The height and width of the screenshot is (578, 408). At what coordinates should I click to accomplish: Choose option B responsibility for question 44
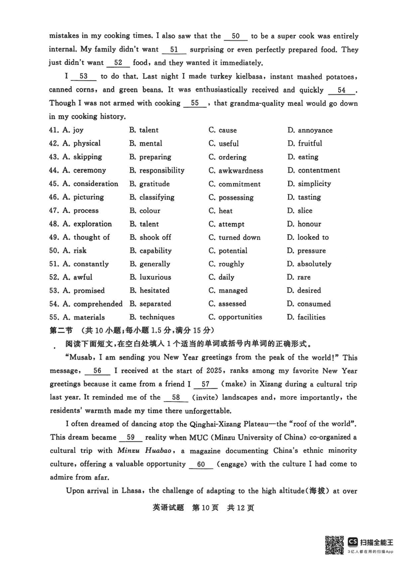click(157, 171)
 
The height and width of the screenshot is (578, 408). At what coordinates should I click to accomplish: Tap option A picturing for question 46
click(83, 197)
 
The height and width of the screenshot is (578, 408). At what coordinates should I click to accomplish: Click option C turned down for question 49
click(235, 237)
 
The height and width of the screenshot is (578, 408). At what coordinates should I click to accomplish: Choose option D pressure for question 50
click(307, 251)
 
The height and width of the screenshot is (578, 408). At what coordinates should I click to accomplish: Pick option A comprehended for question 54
click(93, 304)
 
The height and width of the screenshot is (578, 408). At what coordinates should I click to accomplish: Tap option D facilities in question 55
click(307, 317)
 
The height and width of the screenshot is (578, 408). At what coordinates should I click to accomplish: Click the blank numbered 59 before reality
click(130, 438)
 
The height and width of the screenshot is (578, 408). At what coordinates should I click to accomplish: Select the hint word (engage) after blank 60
click(233, 464)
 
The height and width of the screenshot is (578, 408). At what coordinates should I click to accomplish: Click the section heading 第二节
click(61, 330)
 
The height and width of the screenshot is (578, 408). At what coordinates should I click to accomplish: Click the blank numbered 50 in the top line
click(236, 36)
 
